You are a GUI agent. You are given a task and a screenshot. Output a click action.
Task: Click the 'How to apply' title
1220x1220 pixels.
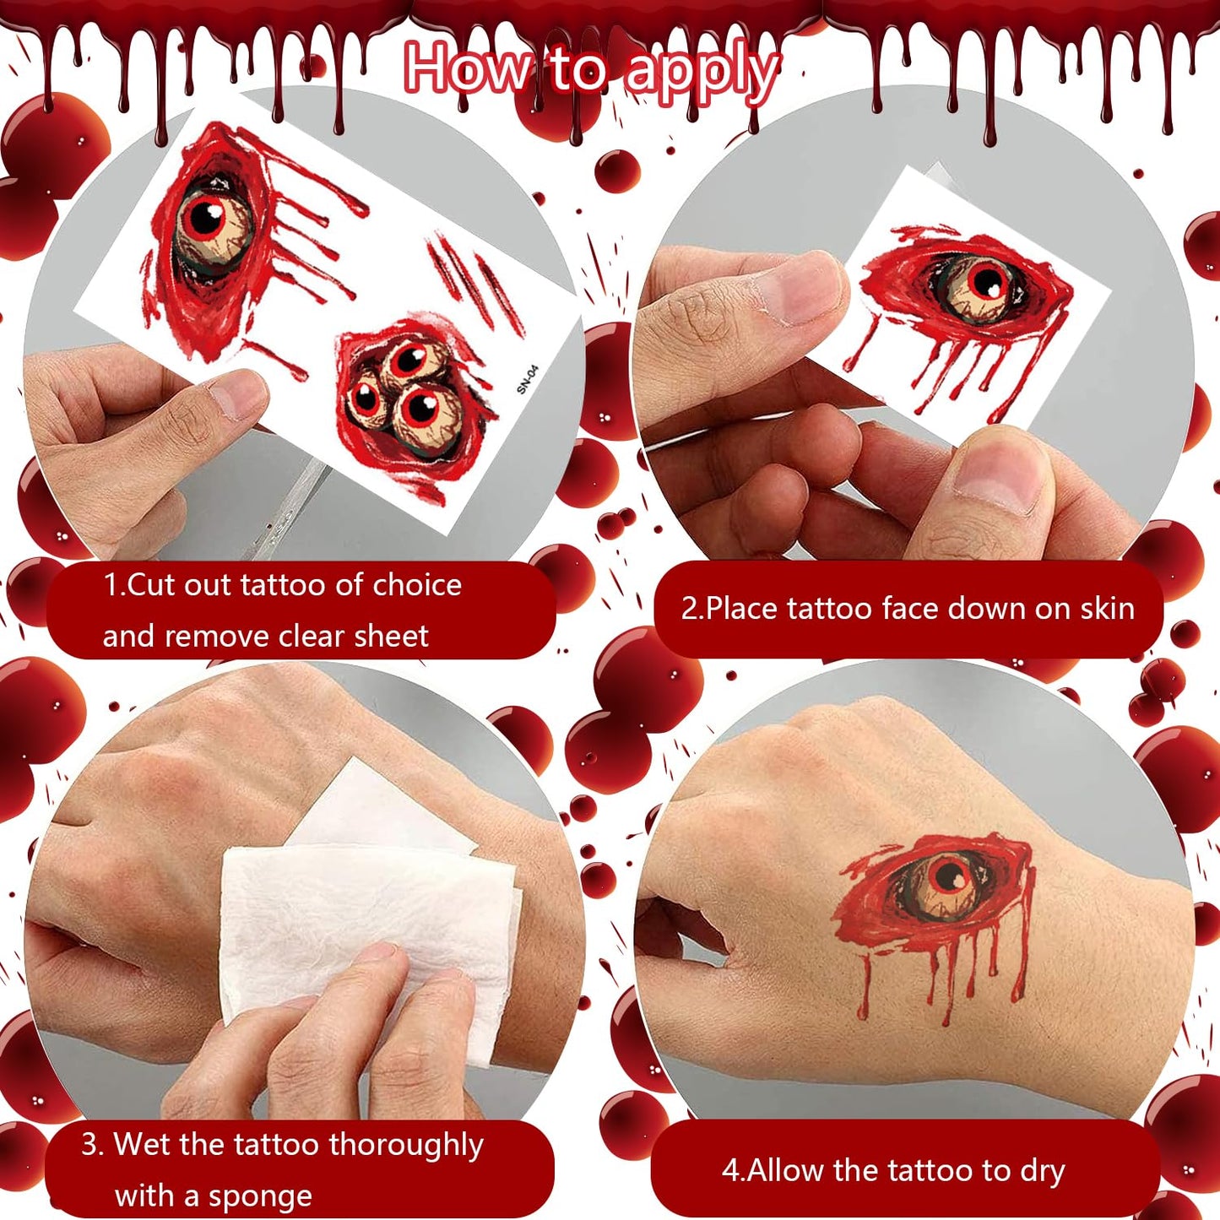[592, 71]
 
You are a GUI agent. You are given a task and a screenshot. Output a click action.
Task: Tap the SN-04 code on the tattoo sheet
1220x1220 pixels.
[527, 379]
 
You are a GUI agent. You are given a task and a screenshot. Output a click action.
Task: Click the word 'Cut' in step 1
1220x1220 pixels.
[150, 584]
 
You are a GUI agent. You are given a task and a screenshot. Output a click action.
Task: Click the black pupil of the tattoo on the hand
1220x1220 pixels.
[949, 876]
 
